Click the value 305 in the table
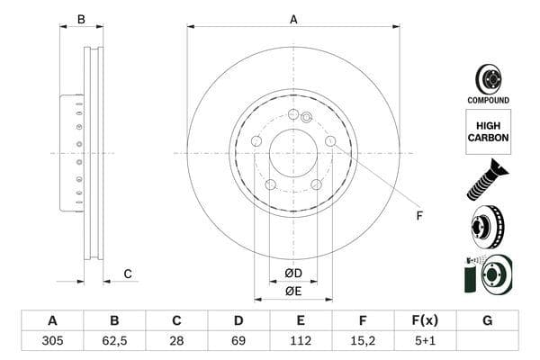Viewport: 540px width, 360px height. [52, 342]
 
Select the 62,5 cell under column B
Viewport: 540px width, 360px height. [114, 342]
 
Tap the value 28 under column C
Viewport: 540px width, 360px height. [176, 342]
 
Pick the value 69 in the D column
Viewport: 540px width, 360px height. [238, 342]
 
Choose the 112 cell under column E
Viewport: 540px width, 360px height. [301, 342]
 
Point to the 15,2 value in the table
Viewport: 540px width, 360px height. [363, 342]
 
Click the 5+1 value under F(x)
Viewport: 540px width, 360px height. [425, 342]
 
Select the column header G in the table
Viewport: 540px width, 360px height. [487, 320]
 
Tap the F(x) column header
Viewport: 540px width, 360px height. [425, 320]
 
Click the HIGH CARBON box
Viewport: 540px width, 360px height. [488, 131]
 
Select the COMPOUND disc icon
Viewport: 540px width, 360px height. [488, 80]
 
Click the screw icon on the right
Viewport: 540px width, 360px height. [487, 177]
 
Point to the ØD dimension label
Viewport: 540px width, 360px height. [293, 273]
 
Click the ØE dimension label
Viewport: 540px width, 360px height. [293, 291]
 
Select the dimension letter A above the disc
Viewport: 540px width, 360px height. [293, 19]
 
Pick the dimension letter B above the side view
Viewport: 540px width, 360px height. [81, 19]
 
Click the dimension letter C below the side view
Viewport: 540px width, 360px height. [128, 274]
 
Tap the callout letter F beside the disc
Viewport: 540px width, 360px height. [418, 215]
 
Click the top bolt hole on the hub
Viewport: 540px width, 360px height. [293, 114]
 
